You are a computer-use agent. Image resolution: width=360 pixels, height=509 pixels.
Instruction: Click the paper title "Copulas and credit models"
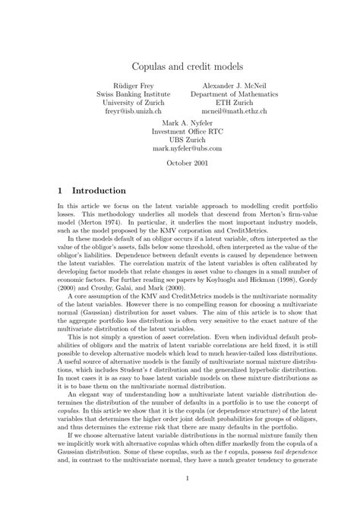click(180, 68)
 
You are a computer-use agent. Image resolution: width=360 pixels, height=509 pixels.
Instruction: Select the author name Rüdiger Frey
click(134, 85)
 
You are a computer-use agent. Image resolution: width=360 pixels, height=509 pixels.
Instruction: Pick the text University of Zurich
click(134, 103)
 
